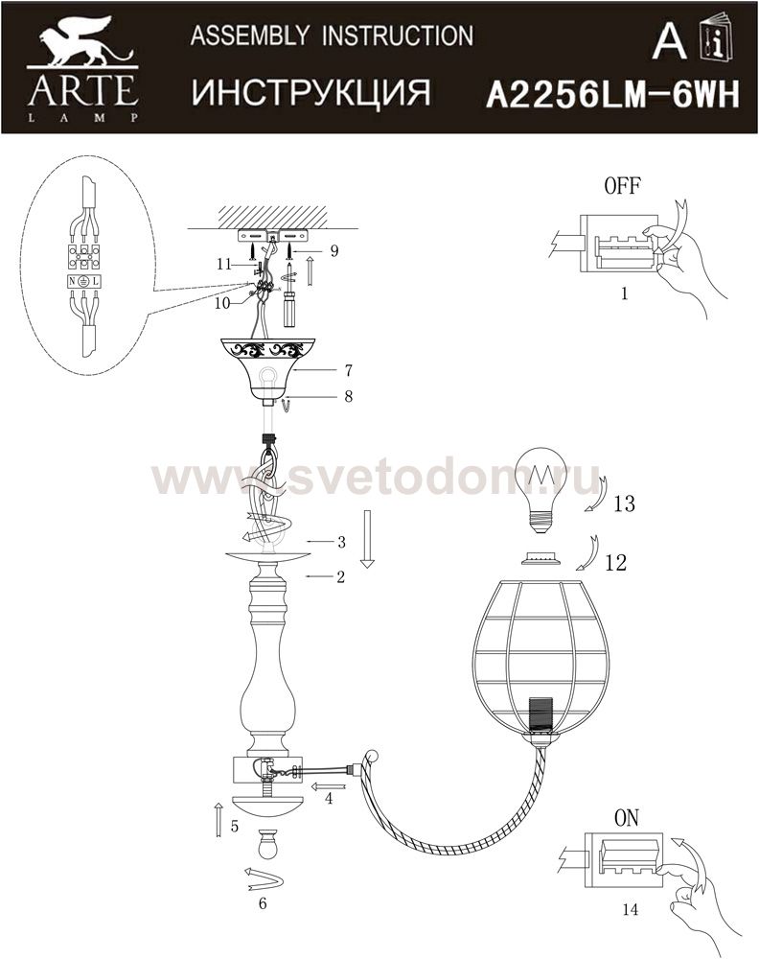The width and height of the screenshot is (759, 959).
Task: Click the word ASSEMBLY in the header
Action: coord(250,36)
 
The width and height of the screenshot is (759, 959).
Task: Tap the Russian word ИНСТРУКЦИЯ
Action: coord(311,93)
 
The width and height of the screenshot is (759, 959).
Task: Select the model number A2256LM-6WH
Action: coord(611,95)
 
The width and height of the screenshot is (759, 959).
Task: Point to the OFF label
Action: coord(622,185)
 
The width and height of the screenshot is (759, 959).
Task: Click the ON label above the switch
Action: coord(627,818)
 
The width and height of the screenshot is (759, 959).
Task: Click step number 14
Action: coord(630,909)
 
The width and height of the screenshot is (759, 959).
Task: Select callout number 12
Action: coord(616,562)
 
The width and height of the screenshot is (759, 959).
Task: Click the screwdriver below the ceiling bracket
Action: coord(287,294)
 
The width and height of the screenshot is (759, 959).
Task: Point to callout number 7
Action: coord(348,370)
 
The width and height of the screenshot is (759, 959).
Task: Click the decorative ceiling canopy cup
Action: coord(264,370)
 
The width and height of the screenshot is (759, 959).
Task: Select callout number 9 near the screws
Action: coord(333,250)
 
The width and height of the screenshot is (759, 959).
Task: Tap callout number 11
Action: coord(224,264)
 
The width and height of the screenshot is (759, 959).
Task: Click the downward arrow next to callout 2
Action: coord(367,539)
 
